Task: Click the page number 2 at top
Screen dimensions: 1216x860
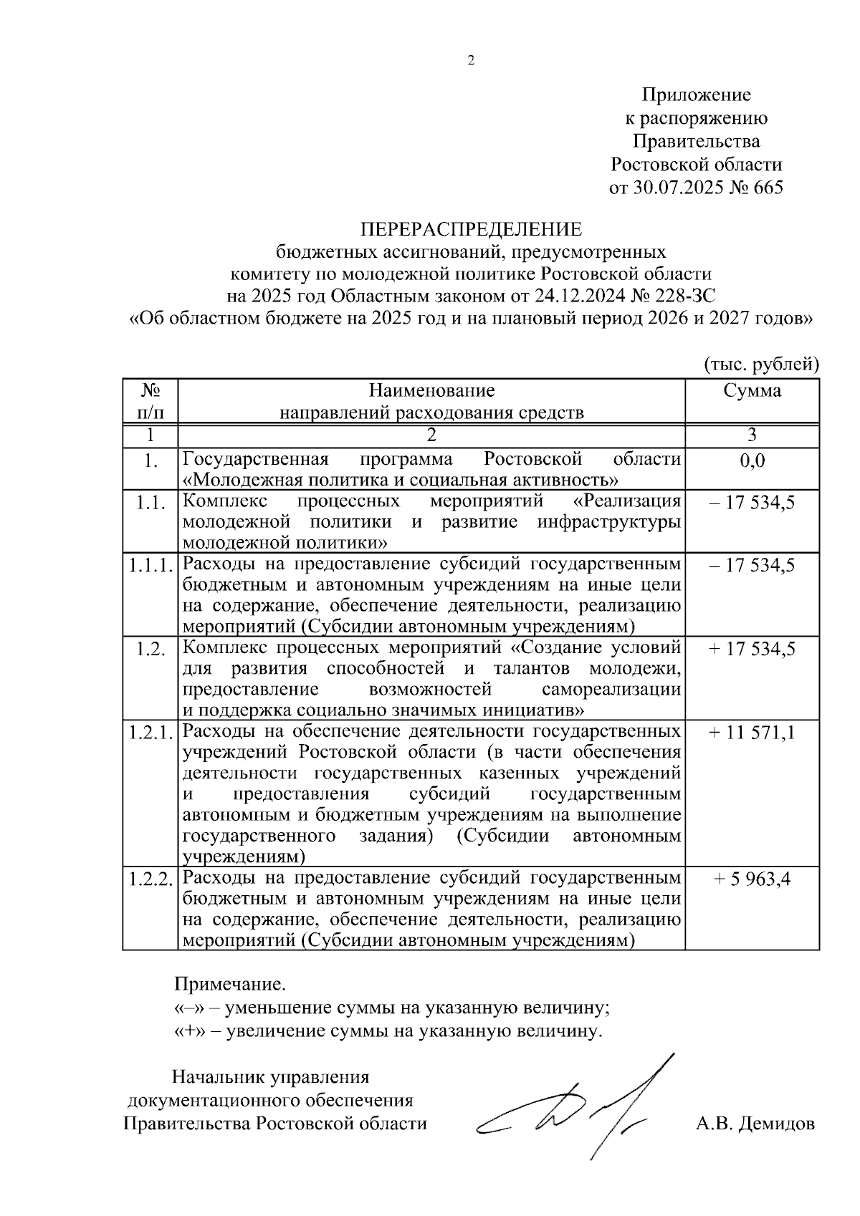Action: [471, 60]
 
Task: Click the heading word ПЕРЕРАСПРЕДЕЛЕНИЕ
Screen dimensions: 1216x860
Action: [471, 229]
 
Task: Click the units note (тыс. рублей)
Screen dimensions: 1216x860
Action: [761, 365]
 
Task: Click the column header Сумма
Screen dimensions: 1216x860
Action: [752, 391]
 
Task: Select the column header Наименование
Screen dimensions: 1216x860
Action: [431, 391]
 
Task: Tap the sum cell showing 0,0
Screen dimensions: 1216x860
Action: [752, 460]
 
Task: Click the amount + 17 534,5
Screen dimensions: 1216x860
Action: [752, 650]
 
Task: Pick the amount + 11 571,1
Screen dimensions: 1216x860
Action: [752, 733]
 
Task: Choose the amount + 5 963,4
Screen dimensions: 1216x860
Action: [752, 879]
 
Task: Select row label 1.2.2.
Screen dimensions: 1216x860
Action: [150, 879]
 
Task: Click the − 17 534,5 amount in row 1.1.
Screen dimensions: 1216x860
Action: [752, 502]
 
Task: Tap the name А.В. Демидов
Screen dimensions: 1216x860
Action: [755, 1123]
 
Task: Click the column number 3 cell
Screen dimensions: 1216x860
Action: [752, 435]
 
